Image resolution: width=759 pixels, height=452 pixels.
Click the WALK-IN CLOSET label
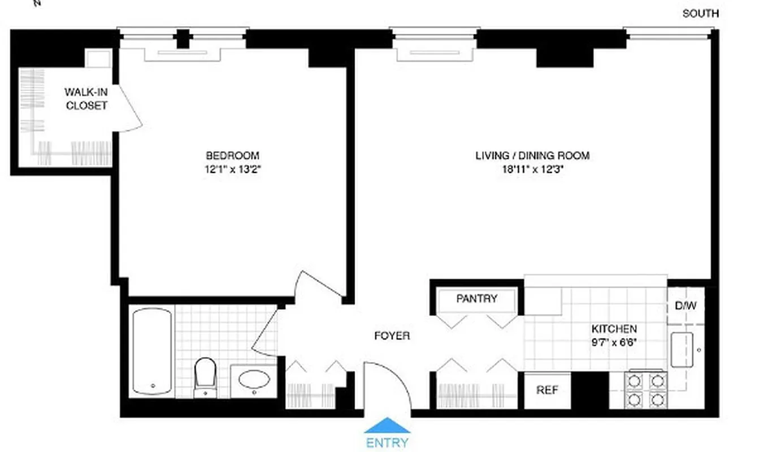click(x=86, y=98)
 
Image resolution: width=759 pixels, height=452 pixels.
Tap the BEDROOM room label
click(x=232, y=155)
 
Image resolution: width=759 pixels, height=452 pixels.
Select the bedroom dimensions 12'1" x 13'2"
click(x=232, y=169)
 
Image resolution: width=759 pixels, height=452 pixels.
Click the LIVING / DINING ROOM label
click(x=532, y=155)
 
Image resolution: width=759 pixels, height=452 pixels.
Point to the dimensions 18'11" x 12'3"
click(x=532, y=169)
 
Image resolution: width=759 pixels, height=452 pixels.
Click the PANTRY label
click(x=476, y=299)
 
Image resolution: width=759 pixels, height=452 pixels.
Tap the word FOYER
click(x=392, y=336)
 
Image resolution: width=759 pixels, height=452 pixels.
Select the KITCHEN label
click(x=614, y=329)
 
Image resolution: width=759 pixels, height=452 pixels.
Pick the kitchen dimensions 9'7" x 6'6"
click(x=614, y=342)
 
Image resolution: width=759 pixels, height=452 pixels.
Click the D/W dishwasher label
click(x=686, y=306)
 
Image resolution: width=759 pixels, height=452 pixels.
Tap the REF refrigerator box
click(x=547, y=390)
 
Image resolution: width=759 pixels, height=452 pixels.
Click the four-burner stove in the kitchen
click(x=645, y=390)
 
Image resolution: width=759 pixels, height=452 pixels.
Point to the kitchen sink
click(x=682, y=350)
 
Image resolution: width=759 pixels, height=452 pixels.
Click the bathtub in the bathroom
click(x=152, y=351)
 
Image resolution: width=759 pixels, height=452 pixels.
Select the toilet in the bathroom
click(x=205, y=375)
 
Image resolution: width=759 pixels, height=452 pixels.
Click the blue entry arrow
click(x=387, y=425)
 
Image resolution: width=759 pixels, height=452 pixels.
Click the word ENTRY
click(x=387, y=442)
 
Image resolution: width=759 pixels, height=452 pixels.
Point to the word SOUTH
click(x=700, y=14)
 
